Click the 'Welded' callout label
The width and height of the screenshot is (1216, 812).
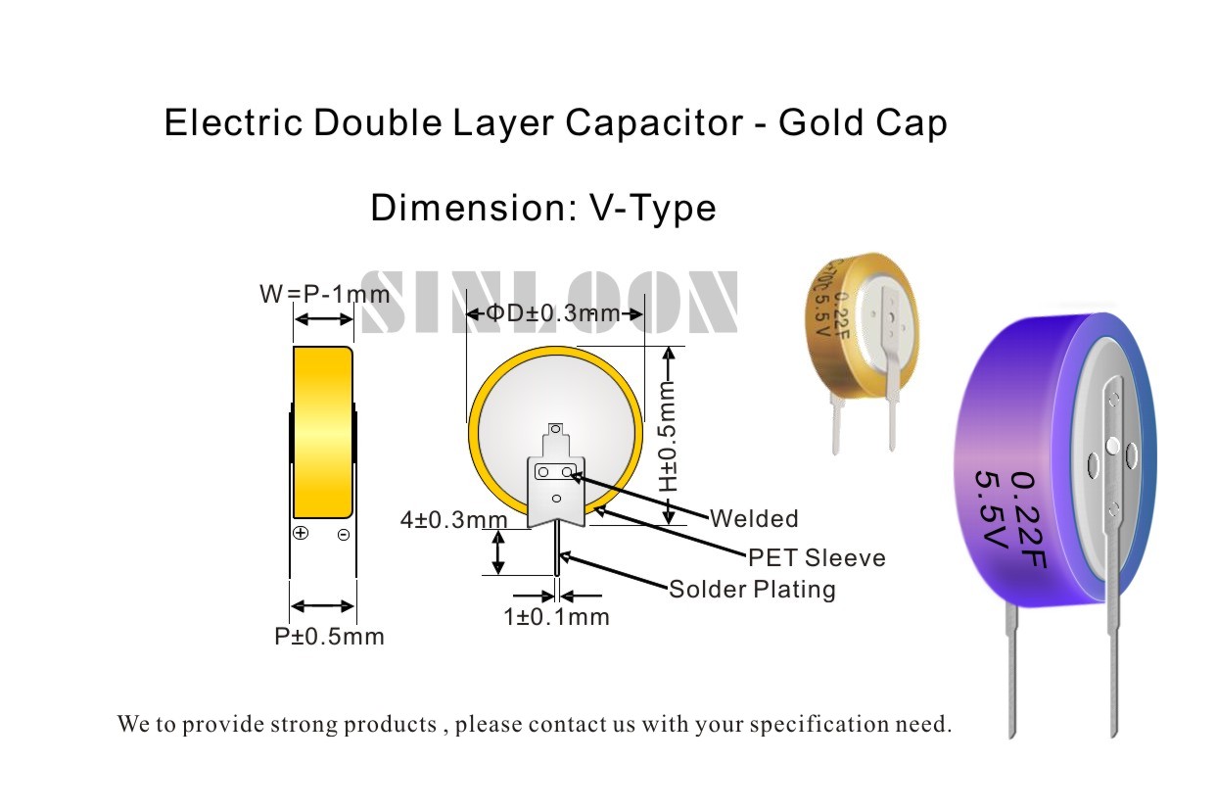coord(754,518)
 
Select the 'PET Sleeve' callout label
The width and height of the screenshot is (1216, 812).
coord(817,558)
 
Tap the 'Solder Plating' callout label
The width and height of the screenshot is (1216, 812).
coord(752,590)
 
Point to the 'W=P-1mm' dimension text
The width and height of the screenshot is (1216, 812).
coord(324,294)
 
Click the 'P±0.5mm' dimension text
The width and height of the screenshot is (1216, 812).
coord(329,637)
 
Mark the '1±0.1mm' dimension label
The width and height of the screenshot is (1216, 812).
coord(556,617)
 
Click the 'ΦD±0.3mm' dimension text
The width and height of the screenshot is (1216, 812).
coord(554,313)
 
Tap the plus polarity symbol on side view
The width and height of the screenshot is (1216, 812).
coord(301,534)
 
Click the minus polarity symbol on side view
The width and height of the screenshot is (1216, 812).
coord(344,535)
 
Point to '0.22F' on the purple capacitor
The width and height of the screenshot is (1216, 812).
coord(1028,519)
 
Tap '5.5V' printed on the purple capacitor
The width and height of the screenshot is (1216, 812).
coord(991,512)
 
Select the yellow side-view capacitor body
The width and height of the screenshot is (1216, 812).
coord(323,432)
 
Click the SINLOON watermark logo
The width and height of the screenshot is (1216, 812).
coord(549,302)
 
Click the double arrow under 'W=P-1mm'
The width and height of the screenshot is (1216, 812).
coord(323,319)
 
